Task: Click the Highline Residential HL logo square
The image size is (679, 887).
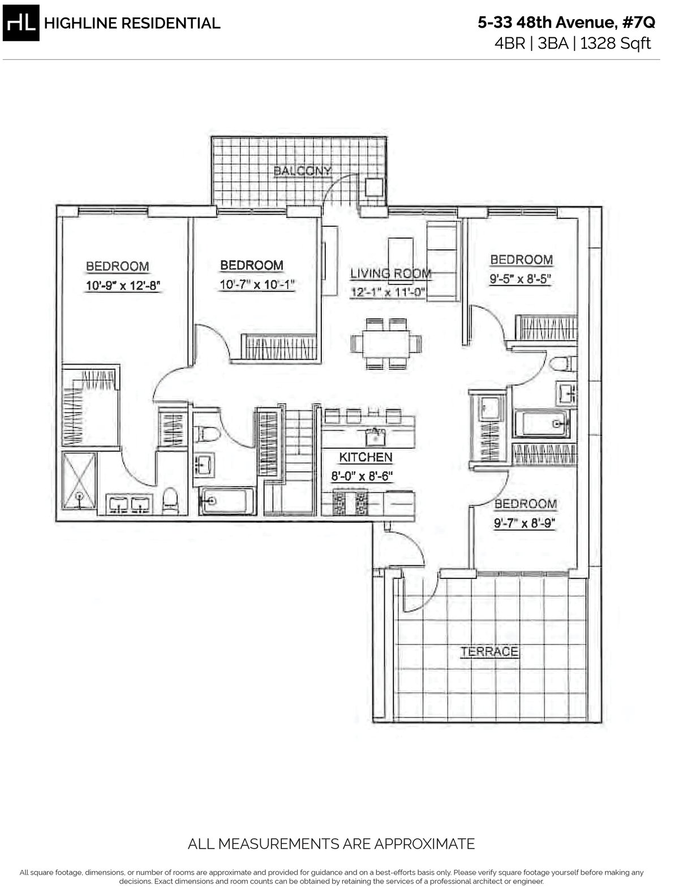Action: click(x=20, y=23)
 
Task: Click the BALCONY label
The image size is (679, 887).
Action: click(x=302, y=171)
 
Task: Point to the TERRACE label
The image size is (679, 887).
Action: click(x=489, y=651)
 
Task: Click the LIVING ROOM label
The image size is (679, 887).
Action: click(x=390, y=274)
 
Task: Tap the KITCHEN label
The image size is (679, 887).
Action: click(x=366, y=457)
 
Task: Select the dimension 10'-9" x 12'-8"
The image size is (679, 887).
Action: click(x=124, y=287)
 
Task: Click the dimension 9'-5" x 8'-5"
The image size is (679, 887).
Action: click(x=521, y=279)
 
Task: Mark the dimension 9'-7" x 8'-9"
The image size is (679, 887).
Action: click(x=525, y=523)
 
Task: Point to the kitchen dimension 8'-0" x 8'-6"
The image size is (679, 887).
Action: click(x=362, y=475)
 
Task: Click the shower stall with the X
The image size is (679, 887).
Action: click(x=79, y=484)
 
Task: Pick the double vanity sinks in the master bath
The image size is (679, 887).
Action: click(x=130, y=504)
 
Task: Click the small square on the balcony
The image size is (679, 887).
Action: click(x=373, y=187)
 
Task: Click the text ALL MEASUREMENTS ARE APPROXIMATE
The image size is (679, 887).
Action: click(x=331, y=844)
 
